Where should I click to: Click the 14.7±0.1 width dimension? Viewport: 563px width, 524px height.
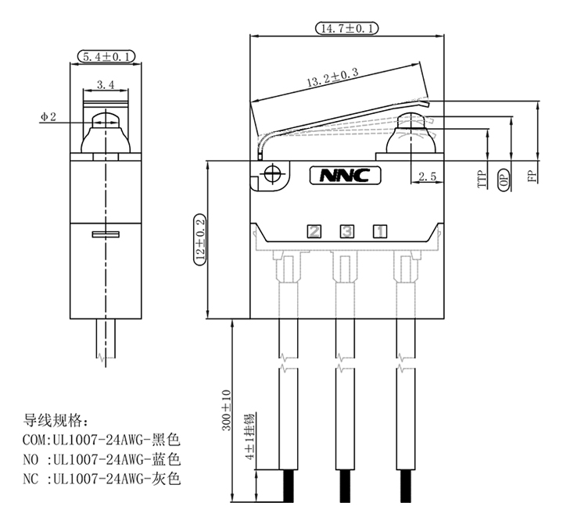(346, 28)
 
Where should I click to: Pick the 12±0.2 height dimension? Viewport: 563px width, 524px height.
(199, 238)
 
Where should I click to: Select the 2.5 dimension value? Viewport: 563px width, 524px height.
(427, 177)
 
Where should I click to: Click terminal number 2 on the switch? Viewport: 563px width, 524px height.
(314, 231)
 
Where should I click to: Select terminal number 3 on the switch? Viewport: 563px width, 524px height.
(346, 231)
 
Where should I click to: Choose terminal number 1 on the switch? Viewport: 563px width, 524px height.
(378, 231)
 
